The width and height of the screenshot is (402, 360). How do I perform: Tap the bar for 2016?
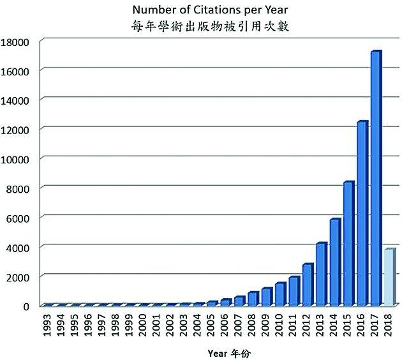click(x=362, y=213)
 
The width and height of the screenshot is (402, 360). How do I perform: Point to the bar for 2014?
click(x=334, y=262)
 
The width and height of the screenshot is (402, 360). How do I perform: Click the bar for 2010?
click(x=279, y=294)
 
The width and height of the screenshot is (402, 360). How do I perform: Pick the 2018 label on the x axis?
click(x=389, y=324)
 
